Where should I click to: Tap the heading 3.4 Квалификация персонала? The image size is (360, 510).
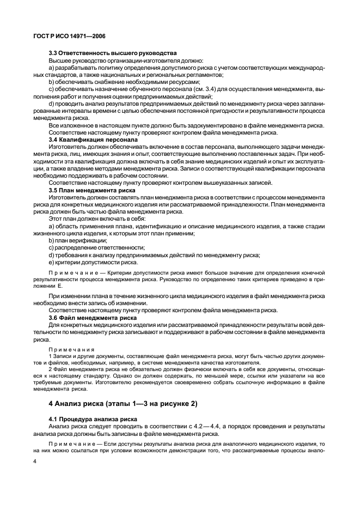(x=93, y=140)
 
